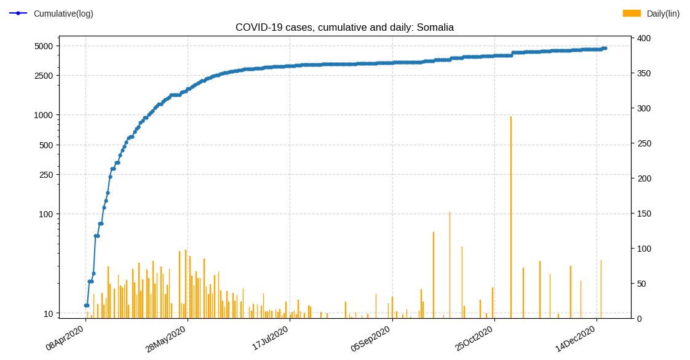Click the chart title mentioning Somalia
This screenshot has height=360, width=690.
[x=344, y=28]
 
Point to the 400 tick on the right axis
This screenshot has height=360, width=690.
[x=644, y=39]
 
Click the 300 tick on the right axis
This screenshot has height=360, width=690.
[x=644, y=109]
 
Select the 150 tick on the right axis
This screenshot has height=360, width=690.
[x=644, y=214]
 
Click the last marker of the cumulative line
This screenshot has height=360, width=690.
[x=605, y=48]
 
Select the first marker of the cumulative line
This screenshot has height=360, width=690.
[x=85, y=305]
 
